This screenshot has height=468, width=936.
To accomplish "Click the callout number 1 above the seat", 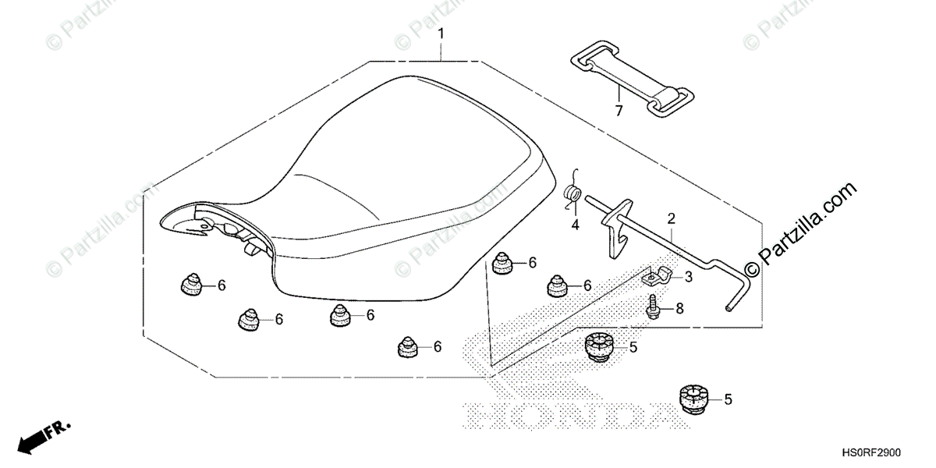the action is click(441, 34).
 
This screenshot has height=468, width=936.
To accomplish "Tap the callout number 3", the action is click(689, 277).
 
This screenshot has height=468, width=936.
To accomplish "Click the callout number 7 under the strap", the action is click(619, 111).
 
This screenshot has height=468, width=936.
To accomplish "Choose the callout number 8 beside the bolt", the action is click(679, 308).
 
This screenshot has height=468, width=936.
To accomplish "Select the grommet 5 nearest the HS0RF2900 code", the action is click(693, 398).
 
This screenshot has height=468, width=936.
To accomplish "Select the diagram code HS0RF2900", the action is click(888, 452).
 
